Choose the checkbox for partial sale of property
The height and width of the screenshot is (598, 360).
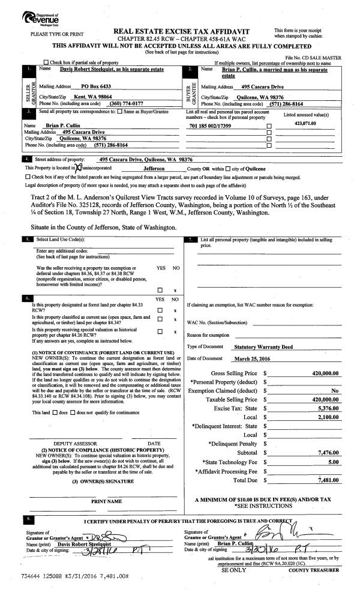tap(46, 62)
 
